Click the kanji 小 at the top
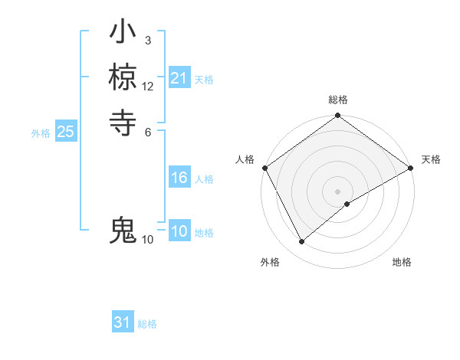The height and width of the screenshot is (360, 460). point(123,35)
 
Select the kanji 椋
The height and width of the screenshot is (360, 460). point(123,77)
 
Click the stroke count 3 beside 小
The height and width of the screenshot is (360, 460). point(147,40)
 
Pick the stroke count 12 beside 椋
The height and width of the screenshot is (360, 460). point(148,87)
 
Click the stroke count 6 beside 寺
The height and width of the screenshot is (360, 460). point(147,130)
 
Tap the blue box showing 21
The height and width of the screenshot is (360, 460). point(179,78)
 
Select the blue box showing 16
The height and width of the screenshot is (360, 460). point(179,178)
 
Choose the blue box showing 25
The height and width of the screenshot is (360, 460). point(65,132)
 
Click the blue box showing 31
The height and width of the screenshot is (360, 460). point(123,322)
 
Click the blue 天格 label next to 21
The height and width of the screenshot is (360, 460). point(204,79)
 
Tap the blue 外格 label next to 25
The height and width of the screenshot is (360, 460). point(41,133)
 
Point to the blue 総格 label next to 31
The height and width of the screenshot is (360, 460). point(147,324)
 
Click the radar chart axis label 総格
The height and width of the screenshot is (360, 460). point(338,100)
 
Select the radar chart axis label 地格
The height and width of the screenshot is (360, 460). point(402,262)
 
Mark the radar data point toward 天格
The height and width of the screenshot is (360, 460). point(411,168)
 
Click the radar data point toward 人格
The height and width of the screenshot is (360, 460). point(264,168)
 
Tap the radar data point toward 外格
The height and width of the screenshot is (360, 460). point(301,242)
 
